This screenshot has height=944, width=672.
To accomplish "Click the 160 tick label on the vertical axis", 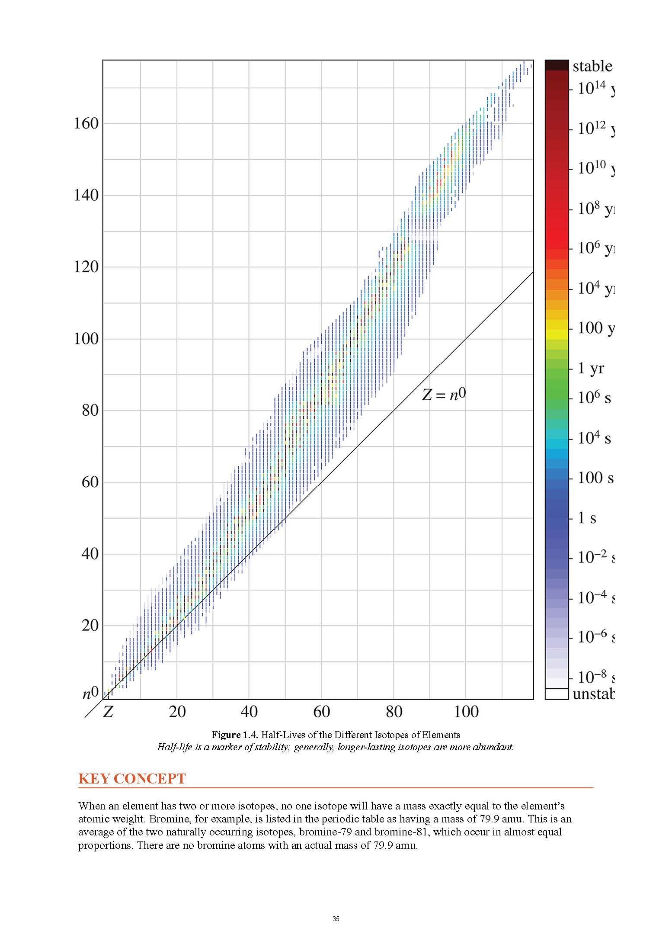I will click(86, 124).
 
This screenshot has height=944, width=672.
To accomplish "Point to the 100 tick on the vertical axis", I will click(86, 339).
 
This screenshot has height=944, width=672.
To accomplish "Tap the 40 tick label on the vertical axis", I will click(90, 554).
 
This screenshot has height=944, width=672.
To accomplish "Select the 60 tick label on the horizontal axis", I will click(321, 712).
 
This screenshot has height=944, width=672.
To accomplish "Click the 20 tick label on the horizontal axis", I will click(177, 712).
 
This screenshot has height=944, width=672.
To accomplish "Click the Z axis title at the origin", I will click(108, 712).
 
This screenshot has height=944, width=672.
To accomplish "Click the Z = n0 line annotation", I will click(444, 395).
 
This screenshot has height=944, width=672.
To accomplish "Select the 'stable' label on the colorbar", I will click(592, 67).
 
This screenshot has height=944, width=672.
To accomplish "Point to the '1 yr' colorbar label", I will click(591, 369).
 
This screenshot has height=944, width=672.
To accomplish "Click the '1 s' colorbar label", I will click(587, 518).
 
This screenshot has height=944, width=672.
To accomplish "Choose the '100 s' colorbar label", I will click(595, 478).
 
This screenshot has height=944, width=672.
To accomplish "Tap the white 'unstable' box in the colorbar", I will click(556, 694).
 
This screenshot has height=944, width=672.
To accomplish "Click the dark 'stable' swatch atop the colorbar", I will click(556, 65).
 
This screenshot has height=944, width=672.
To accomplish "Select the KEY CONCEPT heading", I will click(132, 779).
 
